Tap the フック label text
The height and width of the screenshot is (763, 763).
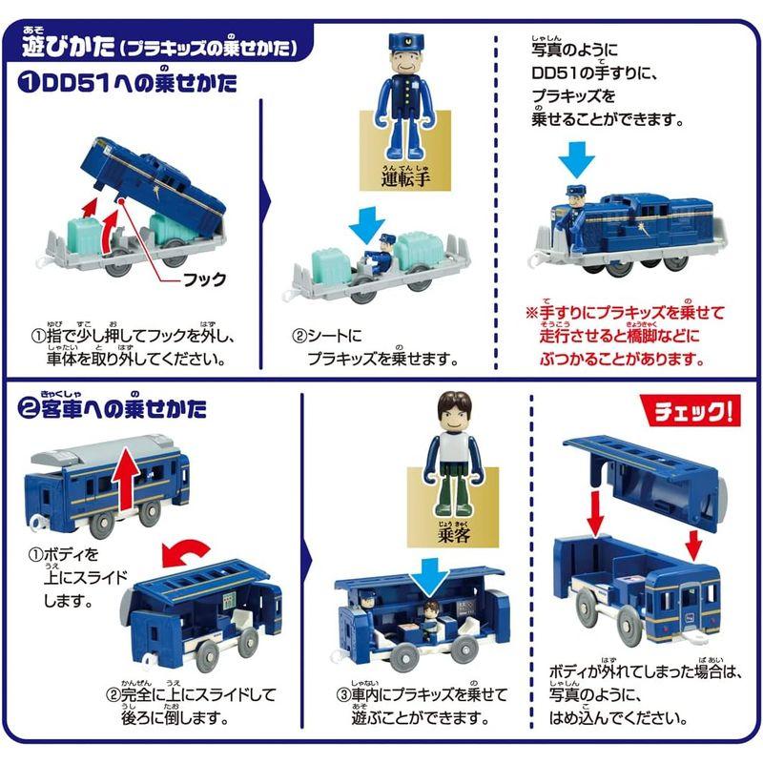[204, 279]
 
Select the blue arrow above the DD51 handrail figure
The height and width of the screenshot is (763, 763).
[576, 157]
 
